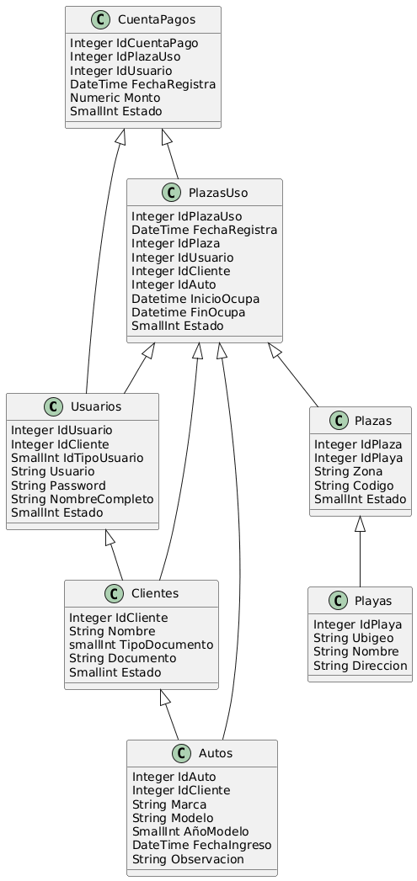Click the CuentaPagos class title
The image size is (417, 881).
157,20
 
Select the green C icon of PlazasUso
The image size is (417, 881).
169,193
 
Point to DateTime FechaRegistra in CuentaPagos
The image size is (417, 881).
143,84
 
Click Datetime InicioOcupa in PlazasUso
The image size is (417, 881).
195,299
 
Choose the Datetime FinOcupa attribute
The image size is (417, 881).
188,312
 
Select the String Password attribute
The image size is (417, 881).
58,485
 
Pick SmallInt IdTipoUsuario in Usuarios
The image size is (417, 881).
78,458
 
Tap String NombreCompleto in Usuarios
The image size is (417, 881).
83,498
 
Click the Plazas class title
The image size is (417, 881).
374,420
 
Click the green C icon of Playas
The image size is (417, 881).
338,601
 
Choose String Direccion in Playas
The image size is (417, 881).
361,666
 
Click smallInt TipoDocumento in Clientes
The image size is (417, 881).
141,645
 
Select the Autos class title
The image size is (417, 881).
216,753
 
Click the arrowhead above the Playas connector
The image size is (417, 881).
361,524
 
